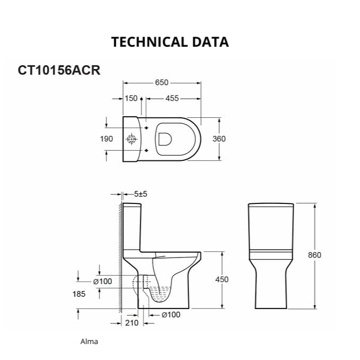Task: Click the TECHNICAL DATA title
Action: point(170,42)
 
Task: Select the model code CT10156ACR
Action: point(59,70)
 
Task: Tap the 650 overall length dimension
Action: point(161,82)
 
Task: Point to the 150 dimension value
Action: point(131,98)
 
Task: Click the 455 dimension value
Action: point(172,98)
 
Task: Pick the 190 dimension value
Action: point(106,139)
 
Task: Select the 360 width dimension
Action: point(219,139)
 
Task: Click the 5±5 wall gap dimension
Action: point(141,194)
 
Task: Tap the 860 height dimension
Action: point(314,255)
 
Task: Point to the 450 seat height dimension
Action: point(222,279)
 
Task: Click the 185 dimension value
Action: point(79,294)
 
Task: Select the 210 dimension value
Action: point(132,322)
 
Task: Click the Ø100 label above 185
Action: point(102,281)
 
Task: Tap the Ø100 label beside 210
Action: point(170,315)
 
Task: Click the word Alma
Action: point(89,341)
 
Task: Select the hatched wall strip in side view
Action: point(119,250)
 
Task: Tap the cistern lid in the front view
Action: point(271,205)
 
